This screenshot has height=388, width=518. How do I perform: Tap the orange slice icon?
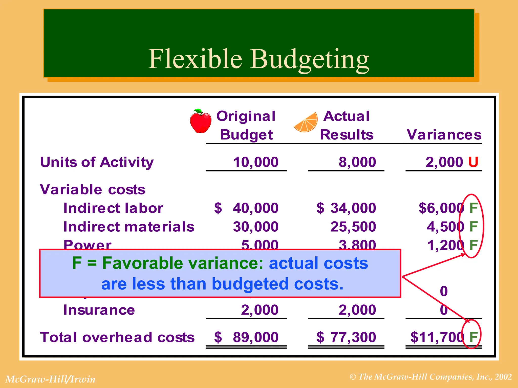pos(306,123)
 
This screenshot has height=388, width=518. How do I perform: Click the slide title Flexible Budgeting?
pos(258,59)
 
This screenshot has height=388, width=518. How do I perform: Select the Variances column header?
pos(444,135)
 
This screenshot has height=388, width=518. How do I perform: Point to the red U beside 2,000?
pos(473,162)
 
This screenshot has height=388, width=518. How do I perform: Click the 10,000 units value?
pos(255,162)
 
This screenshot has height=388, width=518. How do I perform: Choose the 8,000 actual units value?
pos(357,162)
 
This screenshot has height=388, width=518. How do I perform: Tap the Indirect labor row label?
pos(113,208)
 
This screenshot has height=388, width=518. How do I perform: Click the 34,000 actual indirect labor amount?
pos(353,208)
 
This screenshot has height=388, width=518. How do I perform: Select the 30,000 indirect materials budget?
pos(255,227)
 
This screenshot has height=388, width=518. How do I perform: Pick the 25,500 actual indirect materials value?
pos(353,227)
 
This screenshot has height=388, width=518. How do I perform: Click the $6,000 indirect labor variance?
pos(441,208)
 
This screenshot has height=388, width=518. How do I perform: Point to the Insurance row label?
pos(99,310)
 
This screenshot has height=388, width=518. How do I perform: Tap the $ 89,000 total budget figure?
pos(246,337)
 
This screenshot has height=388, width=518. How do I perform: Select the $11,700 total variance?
pos(437,337)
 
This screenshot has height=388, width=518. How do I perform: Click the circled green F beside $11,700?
pos(473,337)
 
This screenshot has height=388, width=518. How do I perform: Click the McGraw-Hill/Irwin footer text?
pos(50,379)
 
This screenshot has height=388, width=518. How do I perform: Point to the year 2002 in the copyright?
pos(503,377)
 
